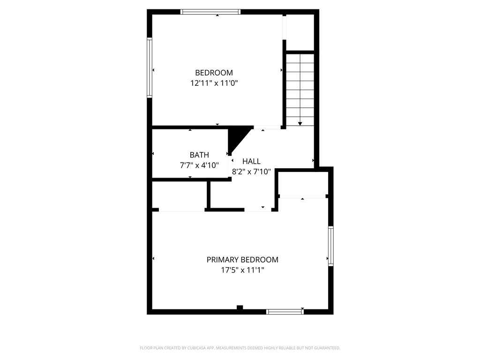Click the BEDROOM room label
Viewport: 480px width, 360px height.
(214, 73)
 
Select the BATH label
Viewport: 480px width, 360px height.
(199, 155)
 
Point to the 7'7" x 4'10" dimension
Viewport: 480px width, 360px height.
(199, 165)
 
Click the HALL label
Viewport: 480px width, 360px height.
(251, 161)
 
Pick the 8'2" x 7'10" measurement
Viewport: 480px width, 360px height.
(251, 172)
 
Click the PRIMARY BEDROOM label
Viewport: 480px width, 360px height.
(242, 260)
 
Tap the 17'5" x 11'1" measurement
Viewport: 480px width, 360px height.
(242, 270)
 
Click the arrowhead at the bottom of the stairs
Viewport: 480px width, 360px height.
(300, 123)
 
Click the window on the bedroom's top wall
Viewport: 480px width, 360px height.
(210, 12)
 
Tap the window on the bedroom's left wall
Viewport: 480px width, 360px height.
(150, 67)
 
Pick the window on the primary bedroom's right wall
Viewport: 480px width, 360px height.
(330, 246)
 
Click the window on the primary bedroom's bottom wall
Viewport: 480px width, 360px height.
(285, 312)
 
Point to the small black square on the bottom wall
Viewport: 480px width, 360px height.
(240, 308)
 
